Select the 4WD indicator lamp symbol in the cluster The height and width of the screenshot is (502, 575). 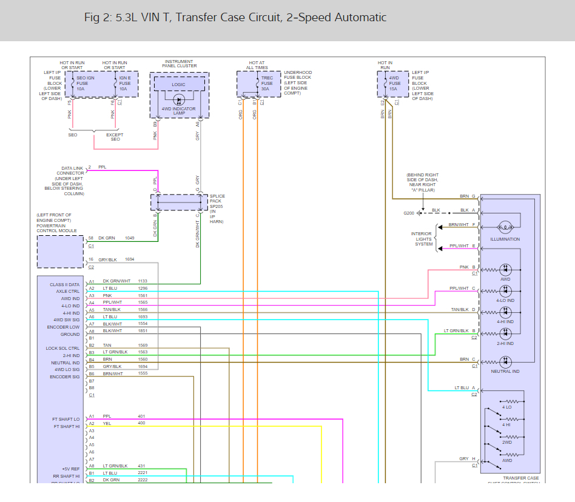coord(179,100)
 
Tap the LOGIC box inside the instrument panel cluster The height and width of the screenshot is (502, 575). coord(179,85)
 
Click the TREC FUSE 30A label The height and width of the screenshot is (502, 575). coord(266,84)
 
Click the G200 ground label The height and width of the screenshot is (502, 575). coord(409,213)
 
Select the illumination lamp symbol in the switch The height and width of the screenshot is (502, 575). coord(504,227)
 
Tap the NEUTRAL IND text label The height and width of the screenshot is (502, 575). coord(505,372)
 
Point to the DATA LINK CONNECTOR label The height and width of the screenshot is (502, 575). coord(70,171)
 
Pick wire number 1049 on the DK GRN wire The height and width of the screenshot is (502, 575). coord(130,238)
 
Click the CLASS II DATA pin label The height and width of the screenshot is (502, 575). coord(65,285)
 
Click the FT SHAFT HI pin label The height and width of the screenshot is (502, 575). coord(66,426)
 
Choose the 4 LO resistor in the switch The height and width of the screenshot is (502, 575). coord(513,401)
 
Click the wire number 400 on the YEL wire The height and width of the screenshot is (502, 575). coord(141,423)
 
